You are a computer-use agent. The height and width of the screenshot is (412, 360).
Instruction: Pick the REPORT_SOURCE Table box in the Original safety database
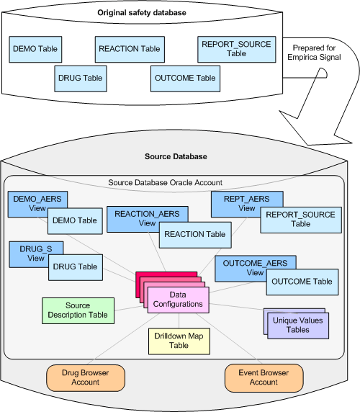tap(236, 48)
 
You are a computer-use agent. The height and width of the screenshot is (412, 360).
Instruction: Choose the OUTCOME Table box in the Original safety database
tap(184, 78)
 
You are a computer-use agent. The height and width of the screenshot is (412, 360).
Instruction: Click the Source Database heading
tap(176, 156)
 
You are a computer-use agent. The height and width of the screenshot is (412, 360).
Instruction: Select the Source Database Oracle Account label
tap(165, 183)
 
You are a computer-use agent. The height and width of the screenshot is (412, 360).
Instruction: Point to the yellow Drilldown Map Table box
tap(179, 341)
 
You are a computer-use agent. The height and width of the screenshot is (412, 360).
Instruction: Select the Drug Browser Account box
tap(86, 377)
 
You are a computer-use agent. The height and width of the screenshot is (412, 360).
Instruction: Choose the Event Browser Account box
tap(264, 377)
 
